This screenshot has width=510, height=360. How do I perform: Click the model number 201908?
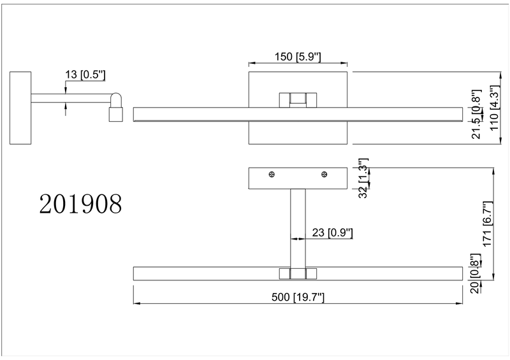80,205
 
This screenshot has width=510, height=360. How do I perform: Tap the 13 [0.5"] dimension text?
85,75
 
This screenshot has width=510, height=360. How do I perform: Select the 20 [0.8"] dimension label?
474,273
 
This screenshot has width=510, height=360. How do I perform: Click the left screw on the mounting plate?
272,175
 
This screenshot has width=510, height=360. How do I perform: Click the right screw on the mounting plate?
324,175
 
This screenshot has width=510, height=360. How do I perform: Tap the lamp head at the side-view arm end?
115,106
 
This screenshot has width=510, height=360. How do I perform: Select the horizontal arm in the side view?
70,98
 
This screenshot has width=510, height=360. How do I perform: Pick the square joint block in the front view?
298,100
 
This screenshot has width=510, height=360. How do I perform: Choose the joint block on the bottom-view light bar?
298,273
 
